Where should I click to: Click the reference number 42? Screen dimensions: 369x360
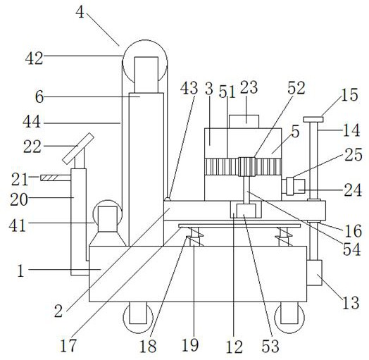point(35,58)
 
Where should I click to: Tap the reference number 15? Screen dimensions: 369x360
point(349,94)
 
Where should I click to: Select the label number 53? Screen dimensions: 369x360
point(270,346)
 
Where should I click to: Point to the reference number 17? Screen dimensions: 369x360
point(68,345)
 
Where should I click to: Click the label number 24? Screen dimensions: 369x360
point(353,190)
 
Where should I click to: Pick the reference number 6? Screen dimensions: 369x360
point(39,97)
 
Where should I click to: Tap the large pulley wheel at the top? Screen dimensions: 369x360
point(145,62)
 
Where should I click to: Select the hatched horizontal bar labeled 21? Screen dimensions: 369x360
point(56,178)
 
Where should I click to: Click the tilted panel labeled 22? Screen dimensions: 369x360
point(78,149)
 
